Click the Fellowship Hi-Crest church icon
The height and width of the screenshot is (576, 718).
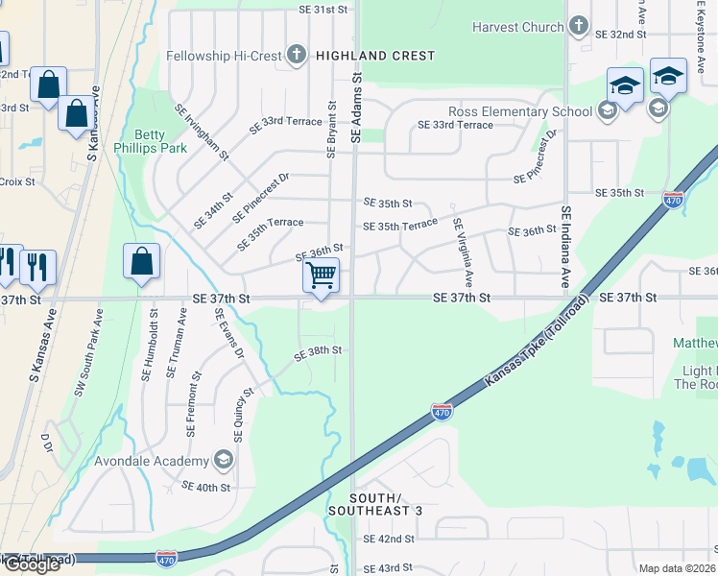pos(297,56)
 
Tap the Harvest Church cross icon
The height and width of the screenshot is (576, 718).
pos(579,27)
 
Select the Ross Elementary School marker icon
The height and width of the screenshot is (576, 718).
pos(606,111)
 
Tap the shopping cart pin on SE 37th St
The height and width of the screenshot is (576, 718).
pos(321,276)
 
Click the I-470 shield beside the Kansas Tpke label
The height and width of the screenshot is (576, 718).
pos(441,412)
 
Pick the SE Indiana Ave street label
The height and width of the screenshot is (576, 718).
pos(566,248)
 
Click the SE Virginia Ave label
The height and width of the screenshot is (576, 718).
pos(464,252)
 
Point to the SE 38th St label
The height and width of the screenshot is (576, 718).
pos(317,352)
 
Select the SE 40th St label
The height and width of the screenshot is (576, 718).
pos(205,487)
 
